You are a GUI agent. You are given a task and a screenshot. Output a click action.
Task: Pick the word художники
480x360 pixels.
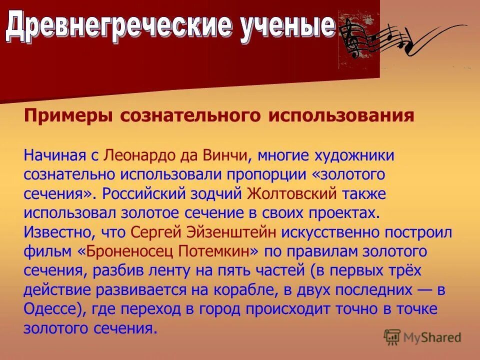click(x=354, y=155)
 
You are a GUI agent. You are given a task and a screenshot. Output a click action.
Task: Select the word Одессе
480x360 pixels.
click(x=49, y=309)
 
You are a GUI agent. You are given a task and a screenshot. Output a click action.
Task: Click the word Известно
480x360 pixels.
click(x=52, y=232)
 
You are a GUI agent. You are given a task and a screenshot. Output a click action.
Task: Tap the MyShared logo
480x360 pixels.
click(x=422, y=336)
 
